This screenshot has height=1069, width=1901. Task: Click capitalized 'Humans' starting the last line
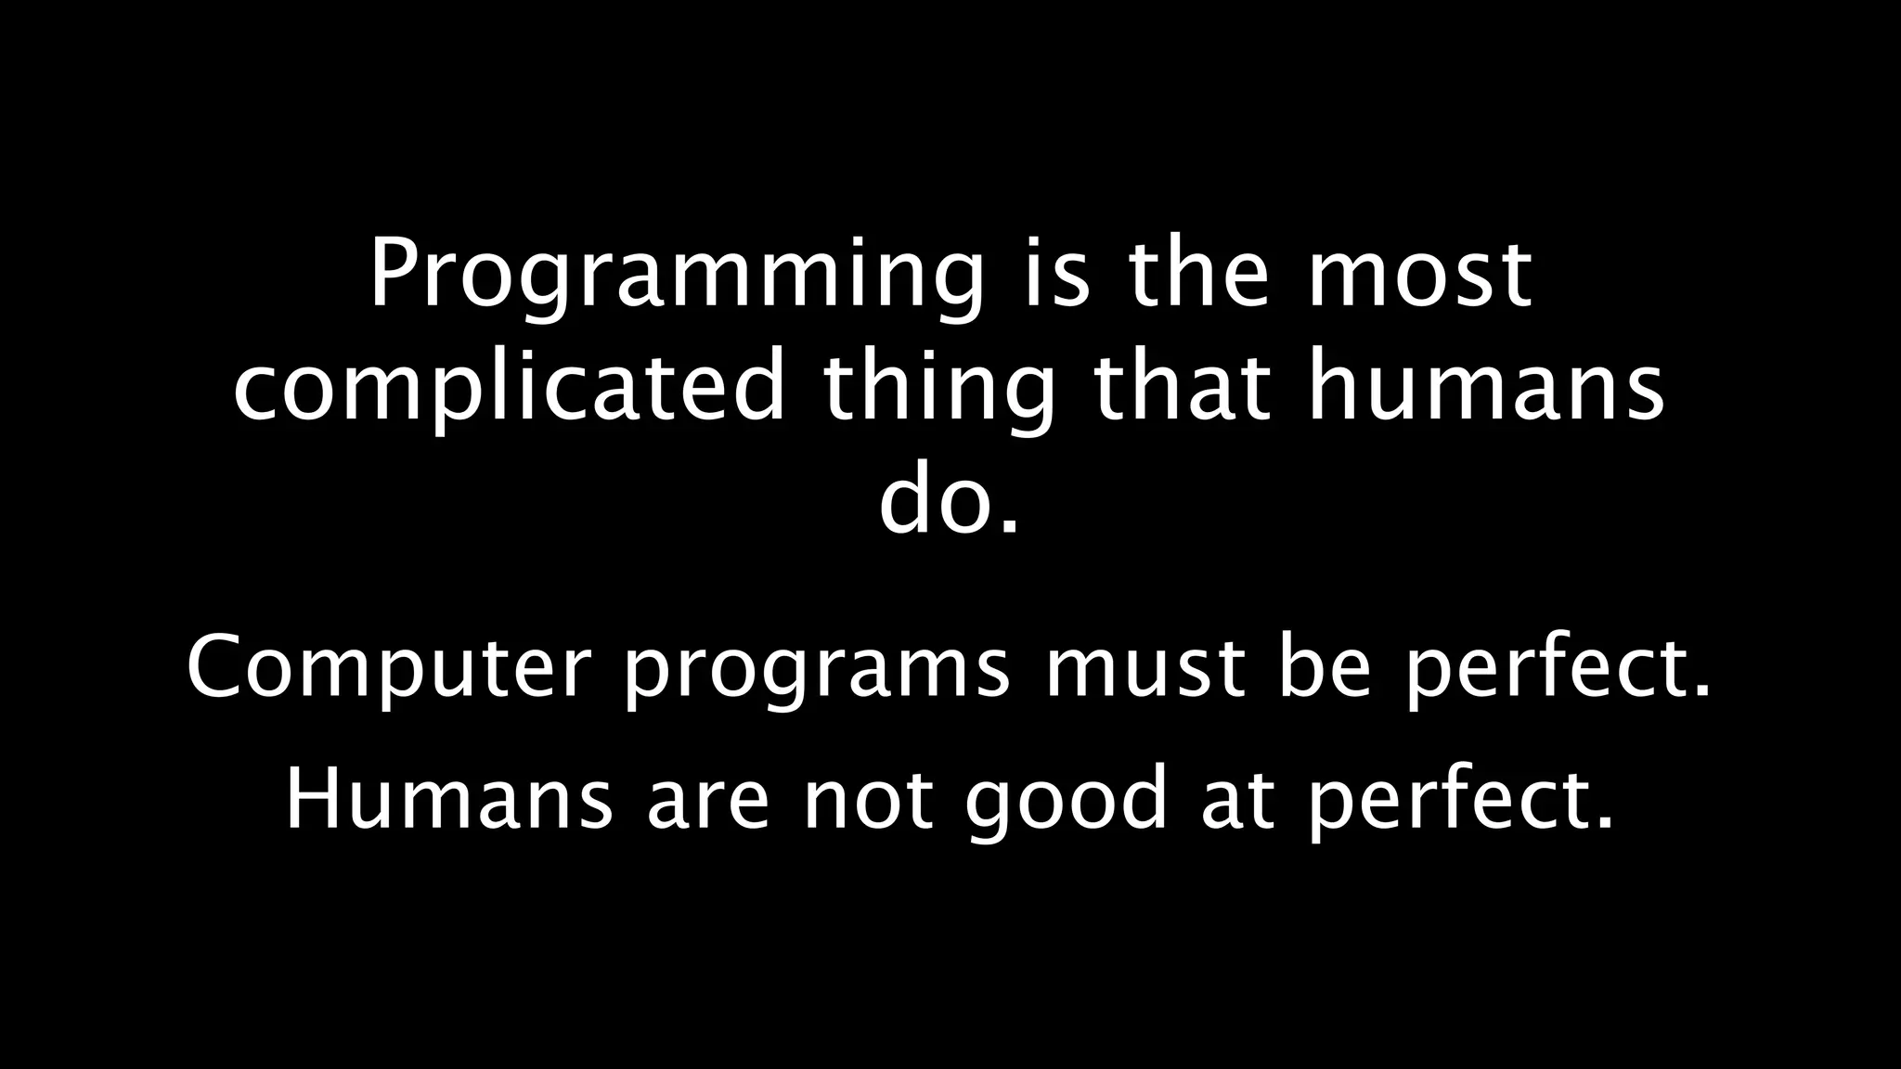pyautogui.click(x=448, y=799)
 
